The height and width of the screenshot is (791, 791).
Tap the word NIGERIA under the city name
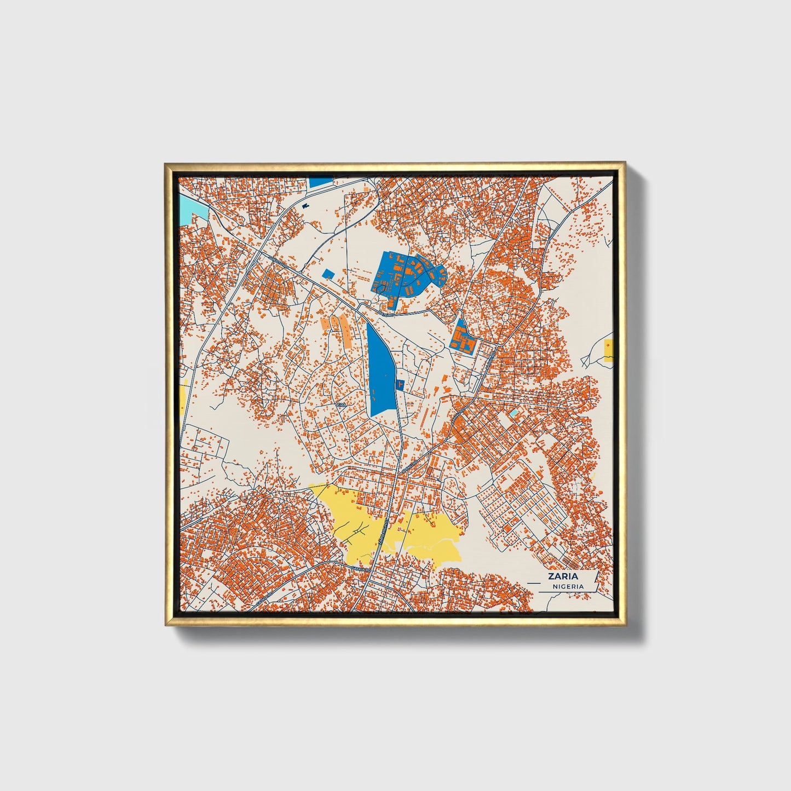(568, 586)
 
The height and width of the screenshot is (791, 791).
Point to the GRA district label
(342, 405)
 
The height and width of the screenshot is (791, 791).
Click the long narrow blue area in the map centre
(381, 372)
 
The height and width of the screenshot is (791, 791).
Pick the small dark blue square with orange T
(400, 385)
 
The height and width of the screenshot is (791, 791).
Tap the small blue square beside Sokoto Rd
(327, 274)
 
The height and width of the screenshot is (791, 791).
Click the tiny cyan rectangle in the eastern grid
(513, 412)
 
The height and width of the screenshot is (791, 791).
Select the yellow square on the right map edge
(608, 350)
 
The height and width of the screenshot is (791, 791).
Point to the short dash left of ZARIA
(533, 576)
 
